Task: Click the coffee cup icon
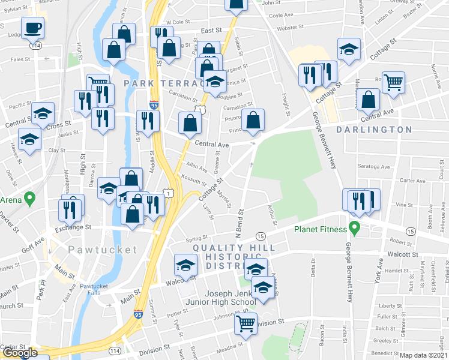32,27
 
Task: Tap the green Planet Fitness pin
354,229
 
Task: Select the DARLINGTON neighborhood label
373,130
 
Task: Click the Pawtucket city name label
103,249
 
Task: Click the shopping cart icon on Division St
246,323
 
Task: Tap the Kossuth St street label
194,180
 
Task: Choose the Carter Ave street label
412,181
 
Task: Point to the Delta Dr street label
313,267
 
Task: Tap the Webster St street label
289,28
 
